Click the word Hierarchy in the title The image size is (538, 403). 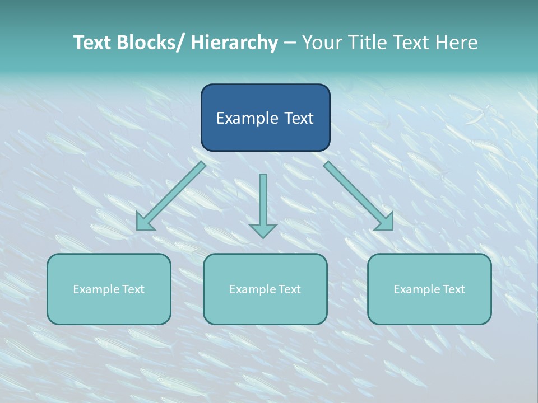pyautogui.click(x=234, y=43)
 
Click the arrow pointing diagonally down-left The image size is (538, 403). pyautogui.click(x=171, y=196)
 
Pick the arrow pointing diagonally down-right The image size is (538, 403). pyautogui.click(x=359, y=196)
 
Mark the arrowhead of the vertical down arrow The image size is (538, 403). pyautogui.click(x=263, y=230)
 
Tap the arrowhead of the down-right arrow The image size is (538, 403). pyautogui.click(x=386, y=222)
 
